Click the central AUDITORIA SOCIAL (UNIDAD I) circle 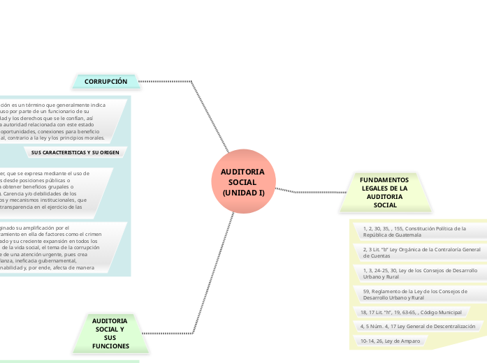tap(242, 181)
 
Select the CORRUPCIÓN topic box tap(106, 82)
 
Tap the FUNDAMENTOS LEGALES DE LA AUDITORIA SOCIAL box tap(384, 192)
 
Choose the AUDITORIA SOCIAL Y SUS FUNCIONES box tap(110, 333)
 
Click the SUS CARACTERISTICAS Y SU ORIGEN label tap(75, 151)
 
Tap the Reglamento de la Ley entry tap(416, 294)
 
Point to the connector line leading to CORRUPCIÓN tap(168, 82)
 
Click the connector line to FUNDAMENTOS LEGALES tap(311, 191)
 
